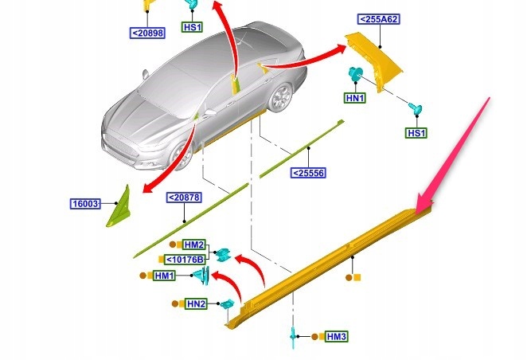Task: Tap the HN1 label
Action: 355,98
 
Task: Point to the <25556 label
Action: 308,173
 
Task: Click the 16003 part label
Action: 84,204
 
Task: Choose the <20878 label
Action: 183,198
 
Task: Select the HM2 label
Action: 194,244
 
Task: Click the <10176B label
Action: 185,260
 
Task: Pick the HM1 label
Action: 165,276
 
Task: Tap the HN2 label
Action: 196,303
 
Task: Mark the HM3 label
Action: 337,337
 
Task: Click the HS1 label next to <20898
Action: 193,27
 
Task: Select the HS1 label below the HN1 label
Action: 416,133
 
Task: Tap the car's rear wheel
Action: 280,99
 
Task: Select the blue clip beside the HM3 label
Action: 292,335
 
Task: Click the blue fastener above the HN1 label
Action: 355,76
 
